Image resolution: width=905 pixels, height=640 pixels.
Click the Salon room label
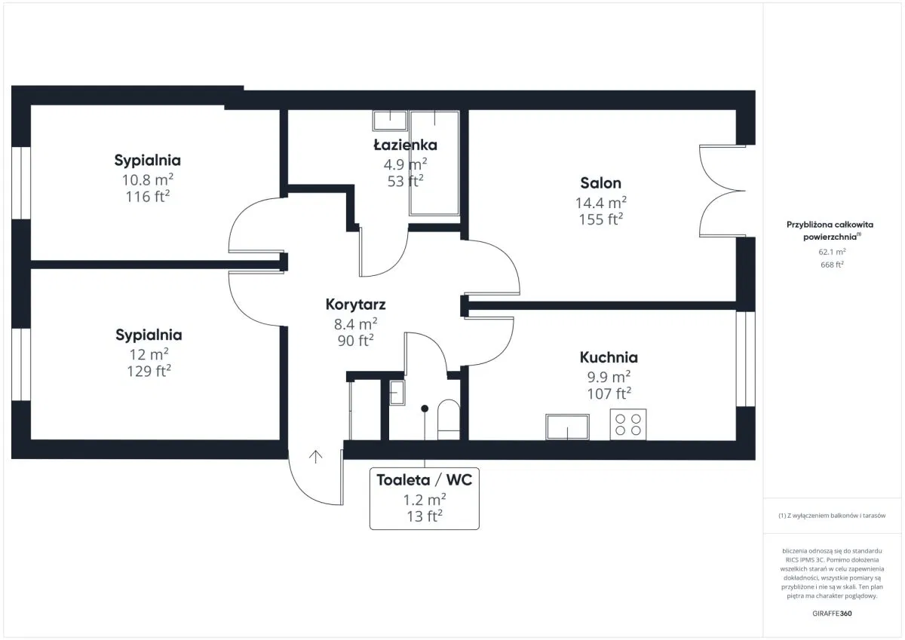tap(601, 183)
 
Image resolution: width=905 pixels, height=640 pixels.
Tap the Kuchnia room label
tap(609, 357)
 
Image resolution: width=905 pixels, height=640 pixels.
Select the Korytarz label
tap(355, 305)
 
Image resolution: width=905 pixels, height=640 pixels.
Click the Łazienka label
tap(405, 145)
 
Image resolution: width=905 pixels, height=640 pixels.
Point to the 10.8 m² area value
tap(148, 179)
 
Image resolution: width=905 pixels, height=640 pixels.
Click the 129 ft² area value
tap(149, 371)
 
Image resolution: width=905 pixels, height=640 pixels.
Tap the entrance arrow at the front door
tap(315, 457)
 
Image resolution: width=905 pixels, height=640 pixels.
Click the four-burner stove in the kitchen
tap(627, 424)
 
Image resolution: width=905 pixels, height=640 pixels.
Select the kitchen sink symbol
tap(567, 427)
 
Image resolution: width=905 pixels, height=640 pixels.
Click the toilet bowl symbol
tap(449, 420)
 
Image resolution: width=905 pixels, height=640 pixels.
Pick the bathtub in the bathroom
tap(434, 163)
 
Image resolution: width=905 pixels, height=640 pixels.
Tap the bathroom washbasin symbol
tap(390, 121)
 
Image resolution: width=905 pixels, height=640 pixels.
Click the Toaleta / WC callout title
tap(424, 480)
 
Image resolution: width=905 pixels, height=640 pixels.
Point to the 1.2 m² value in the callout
tap(425, 500)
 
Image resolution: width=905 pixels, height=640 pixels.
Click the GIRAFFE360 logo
tap(832, 614)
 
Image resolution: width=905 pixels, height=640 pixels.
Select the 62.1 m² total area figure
tap(832, 252)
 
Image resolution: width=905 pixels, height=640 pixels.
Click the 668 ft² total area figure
tap(832, 265)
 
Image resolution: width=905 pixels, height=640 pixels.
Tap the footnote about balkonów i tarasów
tap(832, 516)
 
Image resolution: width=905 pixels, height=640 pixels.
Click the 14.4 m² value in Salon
tap(601, 202)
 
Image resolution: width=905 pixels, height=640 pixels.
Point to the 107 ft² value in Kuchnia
tap(609, 393)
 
